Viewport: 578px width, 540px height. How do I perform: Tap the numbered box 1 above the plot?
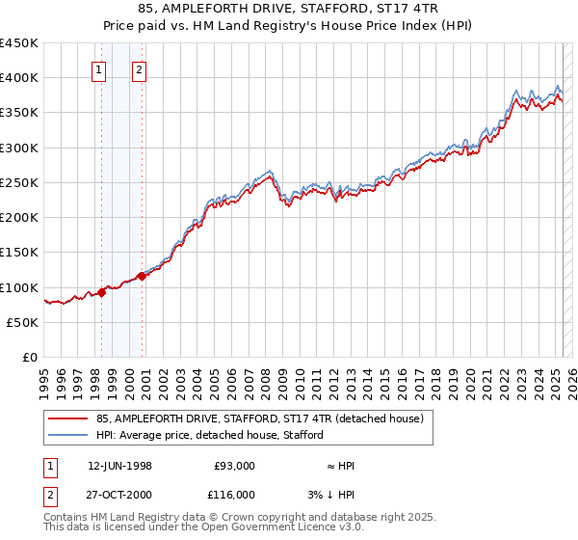click(x=99, y=68)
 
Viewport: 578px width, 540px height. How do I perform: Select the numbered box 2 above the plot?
click(x=140, y=68)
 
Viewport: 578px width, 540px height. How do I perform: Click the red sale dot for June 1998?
click(x=101, y=292)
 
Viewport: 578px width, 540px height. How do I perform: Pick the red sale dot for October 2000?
click(x=142, y=276)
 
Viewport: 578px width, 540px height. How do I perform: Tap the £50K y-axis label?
click(x=23, y=322)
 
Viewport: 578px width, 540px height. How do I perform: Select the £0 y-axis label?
click(x=31, y=357)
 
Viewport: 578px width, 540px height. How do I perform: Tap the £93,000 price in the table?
click(x=235, y=466)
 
